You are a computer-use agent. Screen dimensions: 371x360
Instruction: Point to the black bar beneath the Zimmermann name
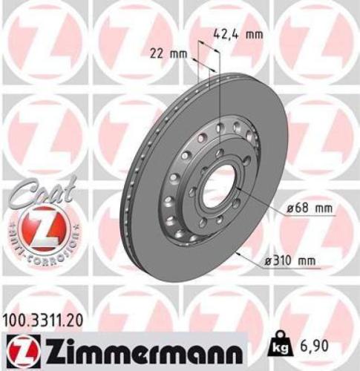tap(134, 364)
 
